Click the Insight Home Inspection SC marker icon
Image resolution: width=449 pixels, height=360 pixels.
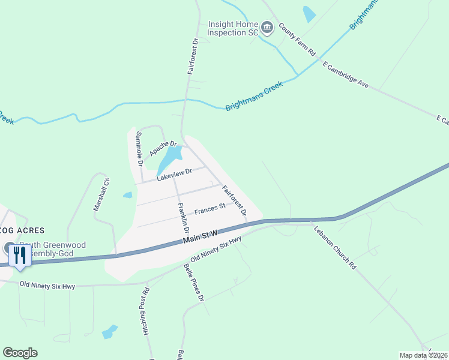coord(268,27)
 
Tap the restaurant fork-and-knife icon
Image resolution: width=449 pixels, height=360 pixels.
coord(20,256)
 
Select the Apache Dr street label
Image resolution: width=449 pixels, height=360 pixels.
coord(164,148)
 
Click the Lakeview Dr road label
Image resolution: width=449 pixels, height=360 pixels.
coord(173,175)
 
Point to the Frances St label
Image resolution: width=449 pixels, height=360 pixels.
coord(209,209)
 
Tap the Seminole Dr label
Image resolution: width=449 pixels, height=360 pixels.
coord(139,148)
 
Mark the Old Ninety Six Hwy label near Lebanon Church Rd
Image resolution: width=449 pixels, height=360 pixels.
coord(215,248)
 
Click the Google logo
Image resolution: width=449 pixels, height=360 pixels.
coord(20,353)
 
